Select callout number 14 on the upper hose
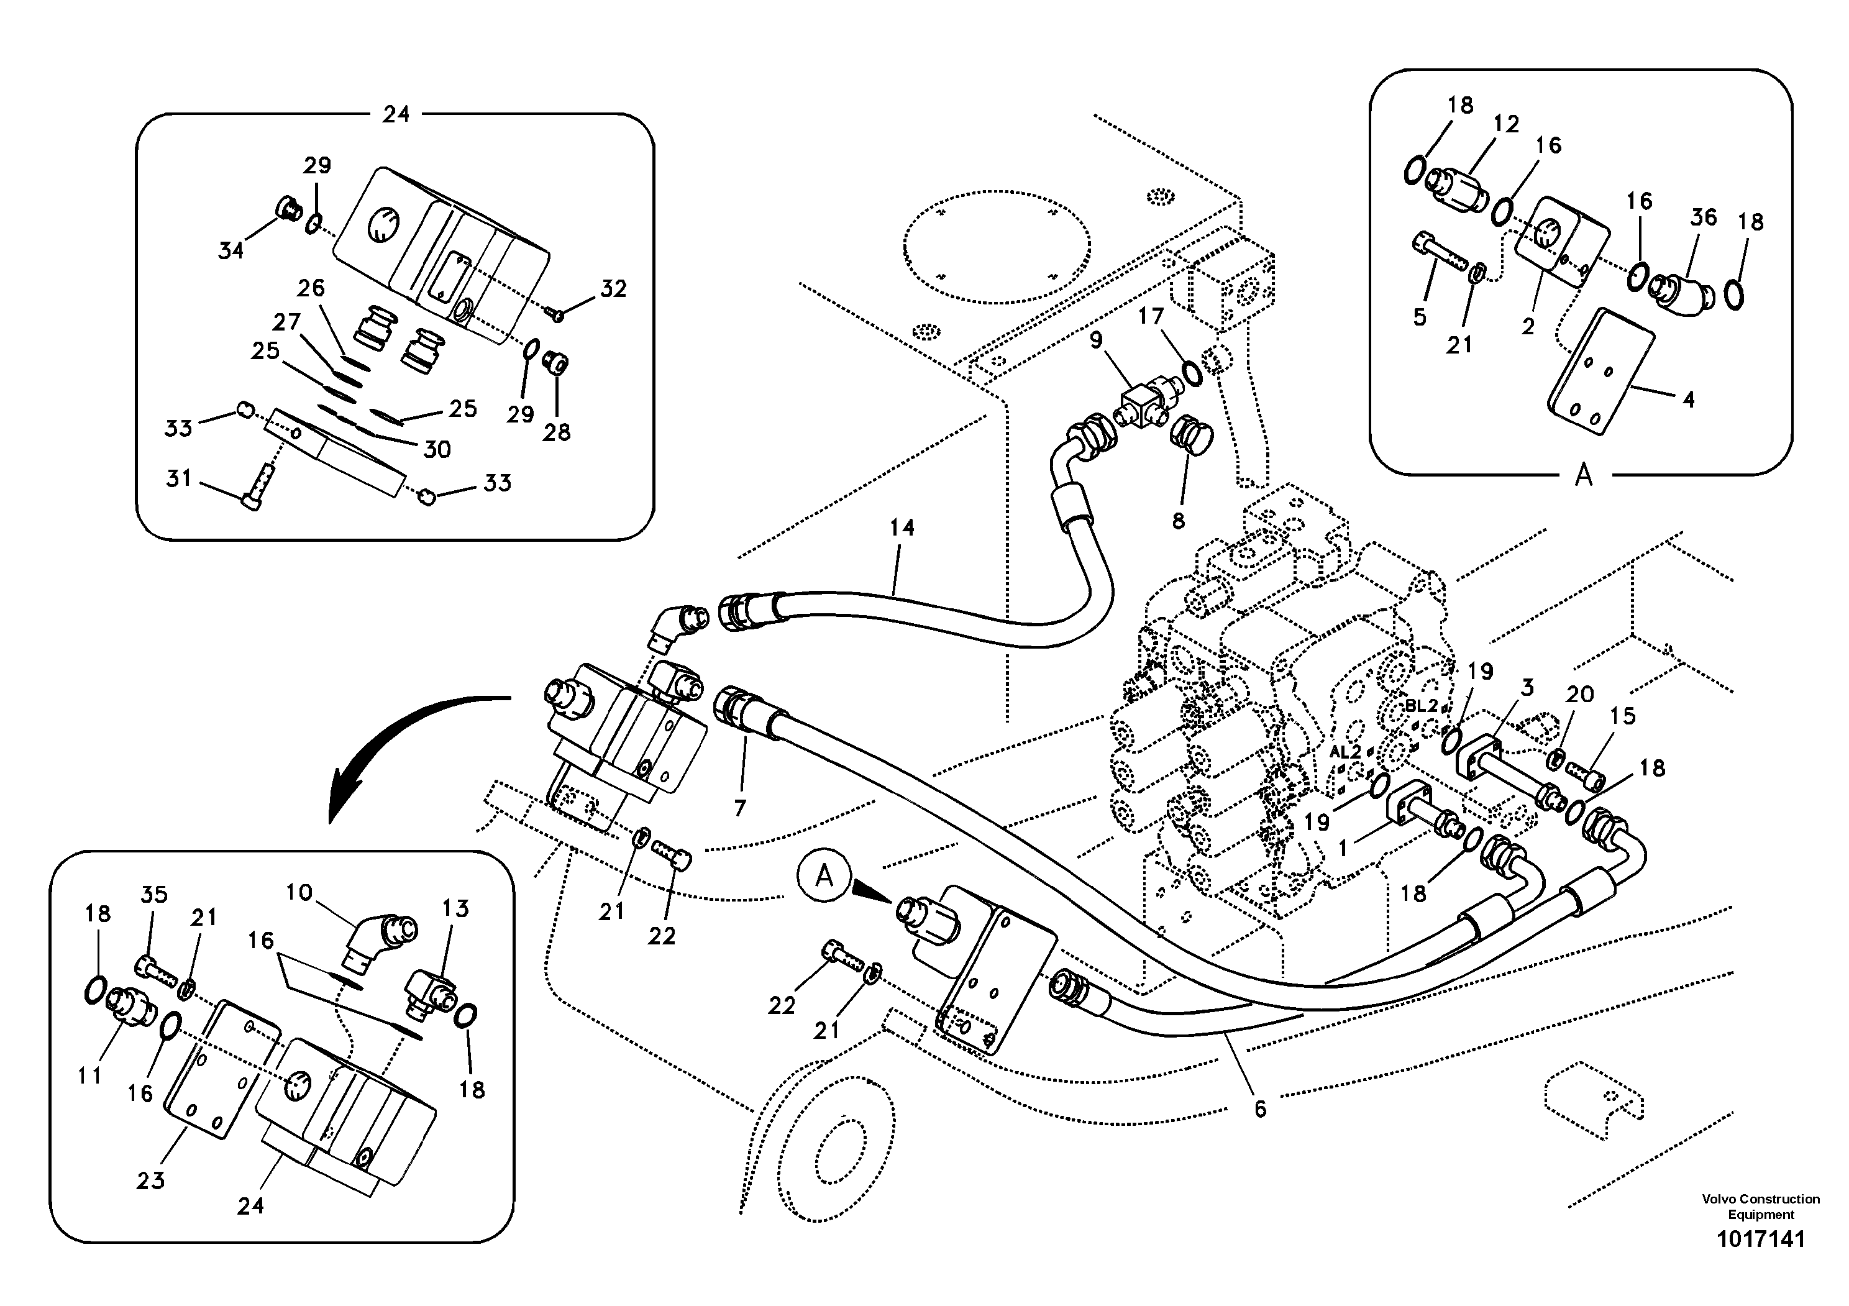click(x=902, y=528)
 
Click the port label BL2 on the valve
click(x=1422, y=705)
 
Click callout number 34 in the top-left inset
click(x=231, y=250)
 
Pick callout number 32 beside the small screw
click(x=614, y=289)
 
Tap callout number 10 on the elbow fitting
click(x=299, y=892)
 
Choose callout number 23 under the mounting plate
click(x=150, y=1180)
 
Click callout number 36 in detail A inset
click(x=1703, y=217)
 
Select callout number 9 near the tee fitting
click(x=1096, y=340)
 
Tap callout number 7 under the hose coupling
click(x=740, y=808)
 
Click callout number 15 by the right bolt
click(x=1623, y=716)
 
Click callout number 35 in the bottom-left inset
click(x=154, y=895)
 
